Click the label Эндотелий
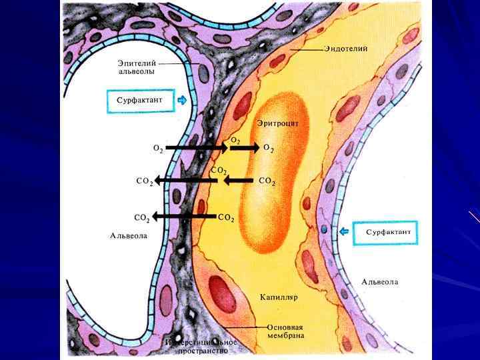click(x=346, y=49)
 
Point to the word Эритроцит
click(x=278, y=123)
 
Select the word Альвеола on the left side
click(x=129, y=235)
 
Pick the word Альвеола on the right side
click(x=380, y=282)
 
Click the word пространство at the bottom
click(x=203, y=350)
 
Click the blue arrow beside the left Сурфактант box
click(x=183, y=101)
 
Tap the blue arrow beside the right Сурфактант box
click(x=345, y=231)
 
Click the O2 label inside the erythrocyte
click(x=268, y=147)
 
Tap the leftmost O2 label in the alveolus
click(x=158, y=149)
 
